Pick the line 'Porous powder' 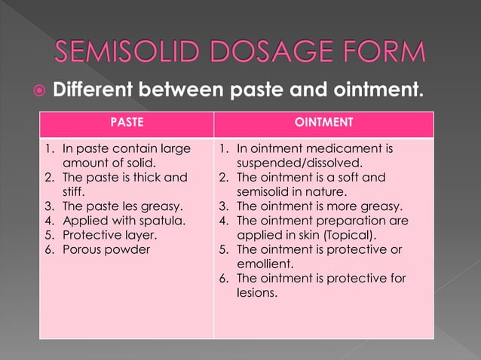106,249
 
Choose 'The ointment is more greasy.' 320,206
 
